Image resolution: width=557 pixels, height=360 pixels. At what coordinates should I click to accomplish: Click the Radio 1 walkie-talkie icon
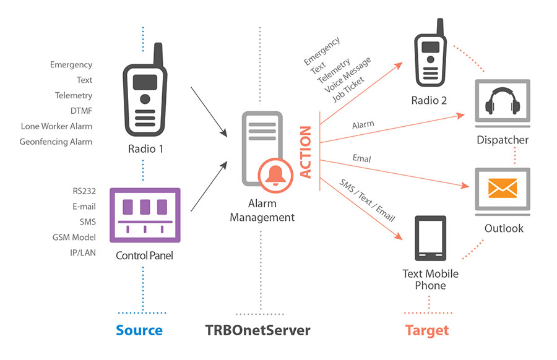(145, 93)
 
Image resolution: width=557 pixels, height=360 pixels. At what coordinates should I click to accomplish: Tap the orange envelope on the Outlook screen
(502, 187)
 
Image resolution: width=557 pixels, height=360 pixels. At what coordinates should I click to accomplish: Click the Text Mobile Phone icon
(430, 238)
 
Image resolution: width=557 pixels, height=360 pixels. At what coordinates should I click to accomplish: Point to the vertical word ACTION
(306, 152)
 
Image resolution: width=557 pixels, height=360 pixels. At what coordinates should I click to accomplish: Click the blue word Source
(139, 330)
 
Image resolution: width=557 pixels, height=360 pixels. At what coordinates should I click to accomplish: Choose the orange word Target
(427, 330)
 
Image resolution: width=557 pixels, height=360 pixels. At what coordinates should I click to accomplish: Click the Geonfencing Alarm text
(56, 142)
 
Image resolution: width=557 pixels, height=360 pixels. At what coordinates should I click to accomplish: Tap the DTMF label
(81, 111)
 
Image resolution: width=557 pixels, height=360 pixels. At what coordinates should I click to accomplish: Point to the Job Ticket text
(348, 89)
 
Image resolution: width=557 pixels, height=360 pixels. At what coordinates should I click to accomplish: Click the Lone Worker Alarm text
(56, 126)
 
